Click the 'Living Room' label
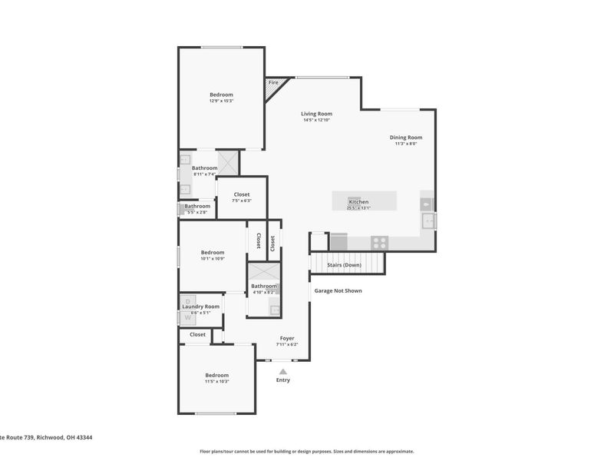316,114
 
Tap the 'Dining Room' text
405,138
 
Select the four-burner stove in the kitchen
379,241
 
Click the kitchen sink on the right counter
427,221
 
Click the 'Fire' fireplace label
272,82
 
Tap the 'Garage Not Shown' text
338,290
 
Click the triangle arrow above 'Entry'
282,371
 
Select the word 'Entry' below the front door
283,380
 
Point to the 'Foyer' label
287,338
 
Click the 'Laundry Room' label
200,307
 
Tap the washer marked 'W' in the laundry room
188,317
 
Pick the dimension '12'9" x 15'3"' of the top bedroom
221,101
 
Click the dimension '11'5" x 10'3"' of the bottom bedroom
216,381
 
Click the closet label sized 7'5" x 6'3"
241,201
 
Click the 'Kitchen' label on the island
358,201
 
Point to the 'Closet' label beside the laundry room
198,335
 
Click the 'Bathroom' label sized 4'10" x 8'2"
263,286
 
